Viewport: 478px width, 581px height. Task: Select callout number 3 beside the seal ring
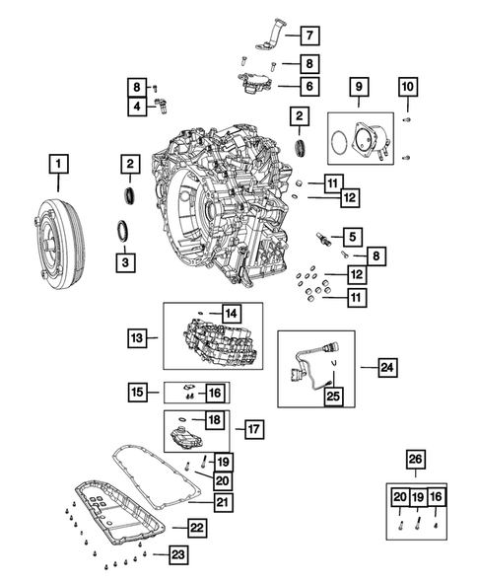click(x=125, y=262)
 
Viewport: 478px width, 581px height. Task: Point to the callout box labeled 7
click(x=307, y=36)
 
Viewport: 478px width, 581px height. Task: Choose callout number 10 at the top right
click(x=408, y=88)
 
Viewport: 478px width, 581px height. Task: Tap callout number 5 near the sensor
click(x=349, y=236)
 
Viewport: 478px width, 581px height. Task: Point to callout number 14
click(x=230, y=313)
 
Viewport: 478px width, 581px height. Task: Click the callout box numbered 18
click(x=212, y=421)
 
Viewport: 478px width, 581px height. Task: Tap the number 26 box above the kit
click(x=416, y=458)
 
